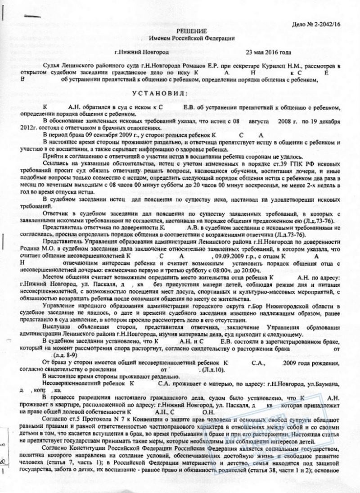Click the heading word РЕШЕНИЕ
point(182,31)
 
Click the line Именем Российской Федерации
point(182,38)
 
